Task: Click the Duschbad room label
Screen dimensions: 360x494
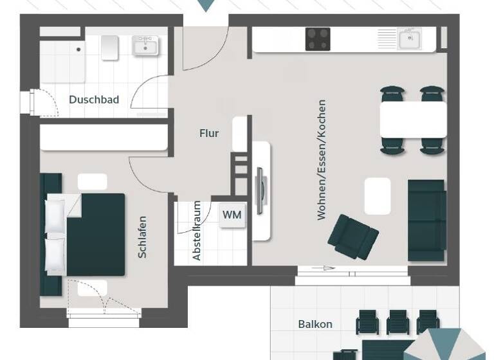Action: (x=94, y=100)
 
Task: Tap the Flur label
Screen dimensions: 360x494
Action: (x=209, y=134)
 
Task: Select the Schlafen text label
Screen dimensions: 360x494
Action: (x=143, y=237)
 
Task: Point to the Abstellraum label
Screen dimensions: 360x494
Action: (x=197, y=231)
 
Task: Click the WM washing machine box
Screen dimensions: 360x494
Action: (x=232, y=215)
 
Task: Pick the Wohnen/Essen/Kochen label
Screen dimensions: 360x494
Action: (x=322, y=159)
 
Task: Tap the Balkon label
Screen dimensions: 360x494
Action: (x=315, y=324)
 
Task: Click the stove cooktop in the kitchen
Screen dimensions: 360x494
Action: (x=318, y=39)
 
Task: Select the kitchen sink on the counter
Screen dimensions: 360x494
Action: (x=408, y=39)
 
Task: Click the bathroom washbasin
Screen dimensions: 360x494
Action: (x=145, y=45)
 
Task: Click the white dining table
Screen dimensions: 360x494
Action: (x=413, y=120)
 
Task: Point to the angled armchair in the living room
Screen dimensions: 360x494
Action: (x=352, y=236)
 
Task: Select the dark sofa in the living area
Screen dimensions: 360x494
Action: (x=426, y=220)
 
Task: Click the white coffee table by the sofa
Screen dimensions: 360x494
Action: (x=378, y=196)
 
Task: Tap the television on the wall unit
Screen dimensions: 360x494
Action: (x=259, y=190)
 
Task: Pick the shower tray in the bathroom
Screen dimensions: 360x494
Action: (x=62, y=59)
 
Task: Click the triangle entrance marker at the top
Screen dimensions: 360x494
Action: (x=206, y=5)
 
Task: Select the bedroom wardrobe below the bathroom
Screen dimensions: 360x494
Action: (x=104, y=137)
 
